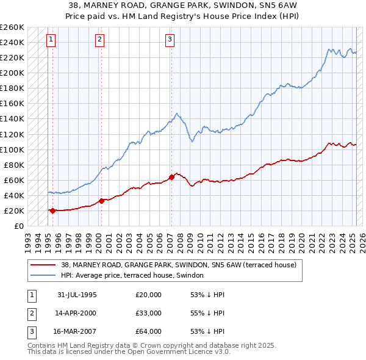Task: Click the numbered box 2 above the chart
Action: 99,40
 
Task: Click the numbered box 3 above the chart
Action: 170,40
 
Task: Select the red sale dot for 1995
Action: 52,211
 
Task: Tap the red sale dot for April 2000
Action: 101,200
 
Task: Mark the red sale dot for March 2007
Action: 171,177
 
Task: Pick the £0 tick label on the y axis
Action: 19,226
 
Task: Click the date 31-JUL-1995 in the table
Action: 77,295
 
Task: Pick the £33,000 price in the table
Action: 148,313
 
